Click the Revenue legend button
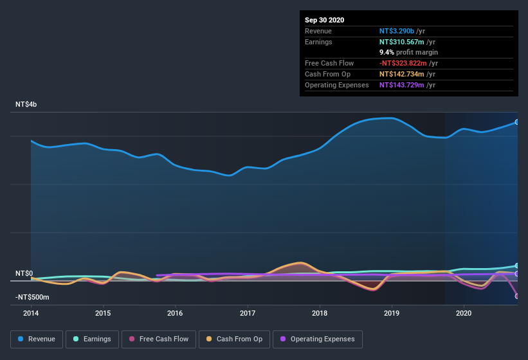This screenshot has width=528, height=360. pos(37,339)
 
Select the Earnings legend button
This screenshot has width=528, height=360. pos(92,339)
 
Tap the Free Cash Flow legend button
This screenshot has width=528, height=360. pos(159,339)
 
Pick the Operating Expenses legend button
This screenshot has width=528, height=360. pos(317,339)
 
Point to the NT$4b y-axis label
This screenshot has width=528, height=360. pos(26,104)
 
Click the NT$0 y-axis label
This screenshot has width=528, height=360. pos(24,274)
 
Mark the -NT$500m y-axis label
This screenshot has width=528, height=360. pos(32,298)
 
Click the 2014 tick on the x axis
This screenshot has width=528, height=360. pos(31,314)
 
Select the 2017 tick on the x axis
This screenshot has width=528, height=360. pos(247,314)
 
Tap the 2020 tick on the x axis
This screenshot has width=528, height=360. pos(463,314)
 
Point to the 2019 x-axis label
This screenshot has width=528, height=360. pos(391,314)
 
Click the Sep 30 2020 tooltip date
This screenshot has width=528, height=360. pos(324,20)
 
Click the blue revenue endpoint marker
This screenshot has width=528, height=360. pos(517,122)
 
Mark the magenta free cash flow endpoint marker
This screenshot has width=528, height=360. pos(517,296)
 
